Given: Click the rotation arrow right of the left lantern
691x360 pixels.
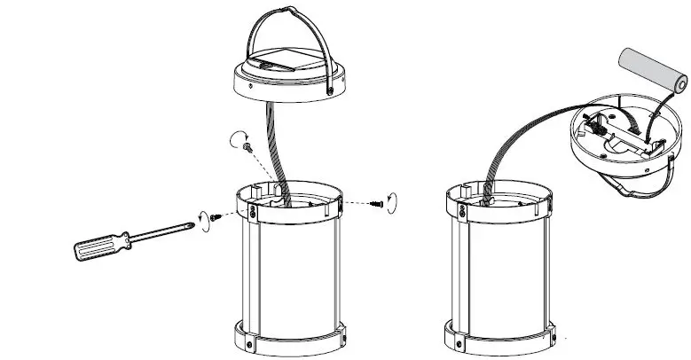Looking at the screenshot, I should point(393,199).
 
